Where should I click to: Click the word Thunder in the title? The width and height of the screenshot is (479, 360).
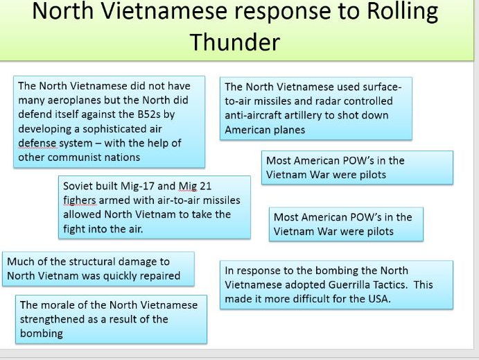[234, 42]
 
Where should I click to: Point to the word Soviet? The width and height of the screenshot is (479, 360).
[78, 186]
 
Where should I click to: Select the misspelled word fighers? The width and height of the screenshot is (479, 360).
[81, 200]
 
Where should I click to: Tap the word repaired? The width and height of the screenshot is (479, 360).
[156, 275]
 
